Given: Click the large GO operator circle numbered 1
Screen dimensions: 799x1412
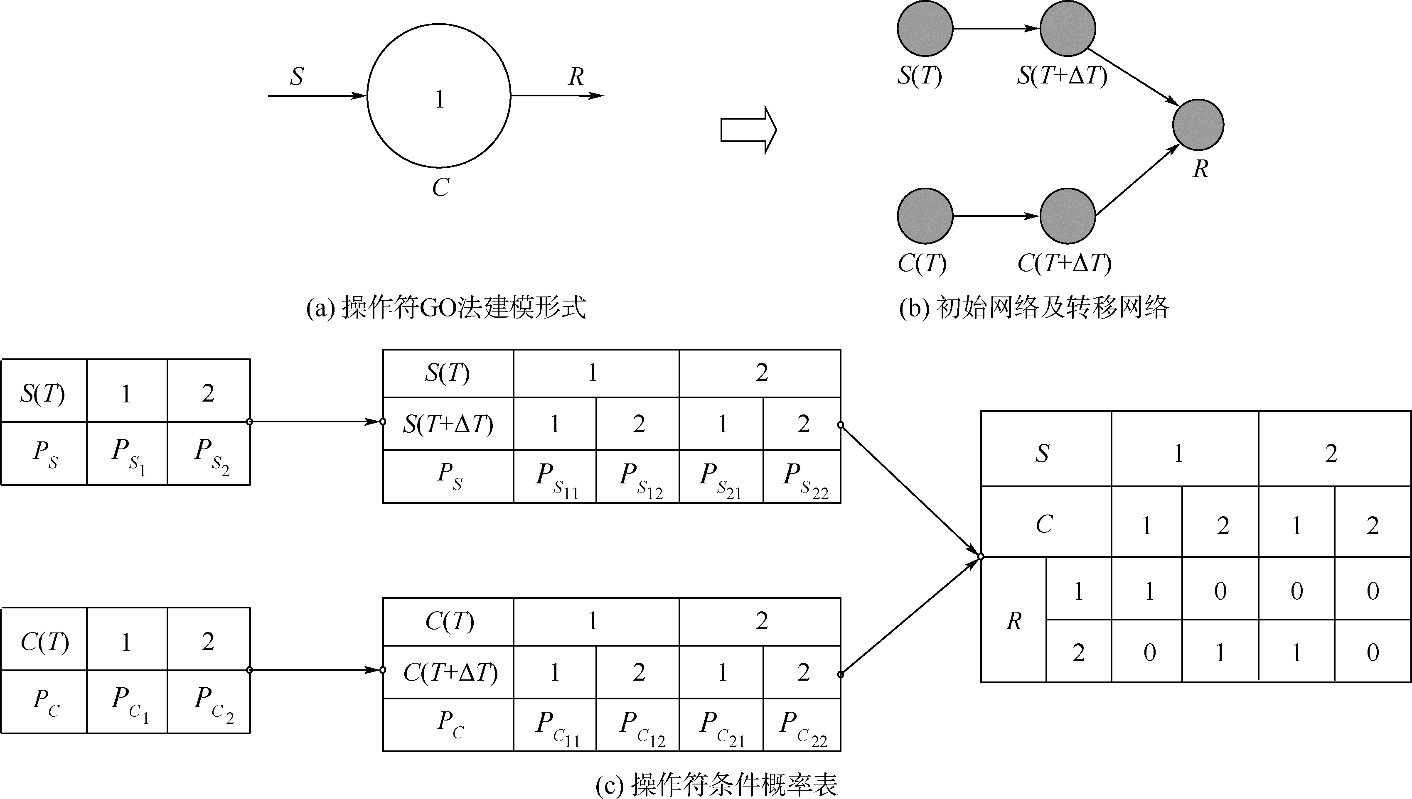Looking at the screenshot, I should tap(439, 96).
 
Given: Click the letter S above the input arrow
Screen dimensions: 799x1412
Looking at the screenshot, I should tap(297, 76).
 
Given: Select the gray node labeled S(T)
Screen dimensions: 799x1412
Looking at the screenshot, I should tap(925, 29).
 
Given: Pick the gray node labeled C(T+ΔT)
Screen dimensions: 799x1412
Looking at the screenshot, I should tap(1067, 216).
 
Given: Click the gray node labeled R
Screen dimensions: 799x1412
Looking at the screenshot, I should tap(1198, 125).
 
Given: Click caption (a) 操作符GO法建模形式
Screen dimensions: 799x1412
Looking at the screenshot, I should tap(446, 307).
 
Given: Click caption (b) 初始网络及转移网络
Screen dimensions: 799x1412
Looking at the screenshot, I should tap(1034, 307).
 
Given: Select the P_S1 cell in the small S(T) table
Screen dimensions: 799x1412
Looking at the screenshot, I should tap(128, 454).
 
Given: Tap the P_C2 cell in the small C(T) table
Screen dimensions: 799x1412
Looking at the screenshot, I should tap(209, 702).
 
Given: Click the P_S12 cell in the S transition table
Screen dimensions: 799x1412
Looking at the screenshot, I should tap(638, 477).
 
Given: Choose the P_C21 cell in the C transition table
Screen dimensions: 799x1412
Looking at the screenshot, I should tap(721, 725).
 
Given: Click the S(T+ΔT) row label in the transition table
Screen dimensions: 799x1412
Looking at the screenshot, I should tap(448, 424).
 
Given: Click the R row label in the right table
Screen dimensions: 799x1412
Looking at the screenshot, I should tap(1013, 620).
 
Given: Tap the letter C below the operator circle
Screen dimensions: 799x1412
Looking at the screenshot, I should tap(440, 188).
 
